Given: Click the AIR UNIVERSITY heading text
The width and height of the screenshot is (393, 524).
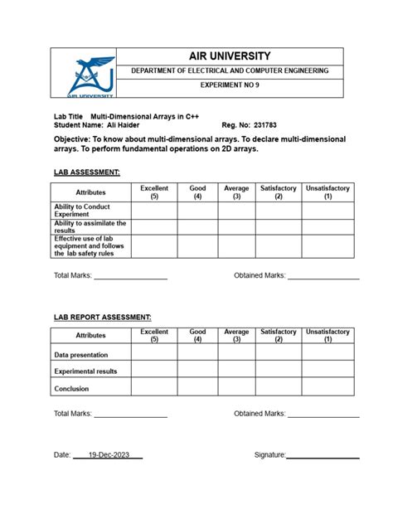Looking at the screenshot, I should click(x=230, y=56).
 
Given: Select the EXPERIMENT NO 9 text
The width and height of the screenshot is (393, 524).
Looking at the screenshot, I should click(x=230, y=86).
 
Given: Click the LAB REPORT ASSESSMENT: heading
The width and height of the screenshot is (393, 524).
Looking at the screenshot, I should click(x=102, y=317).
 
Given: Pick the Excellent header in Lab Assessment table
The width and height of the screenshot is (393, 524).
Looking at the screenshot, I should click(x=154, y=192).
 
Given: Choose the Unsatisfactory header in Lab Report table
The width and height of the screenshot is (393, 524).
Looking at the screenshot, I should click(x=327, y=335).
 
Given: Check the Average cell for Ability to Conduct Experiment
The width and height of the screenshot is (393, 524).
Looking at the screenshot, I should click(x=236, y=210).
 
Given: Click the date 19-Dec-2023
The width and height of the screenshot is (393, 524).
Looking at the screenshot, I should click(x=109, y=455).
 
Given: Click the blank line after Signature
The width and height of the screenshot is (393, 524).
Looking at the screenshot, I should click(x=323, y=457).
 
